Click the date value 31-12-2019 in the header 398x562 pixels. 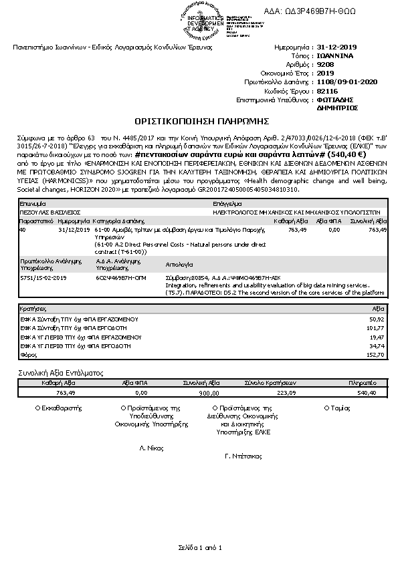pyautogui.click(x=338, y=48)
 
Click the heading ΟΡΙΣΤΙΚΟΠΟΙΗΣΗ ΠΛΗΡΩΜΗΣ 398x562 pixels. pyautogui.click(x=201, y=122)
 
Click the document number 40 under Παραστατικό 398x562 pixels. pyautogui.click(x=23, y=229)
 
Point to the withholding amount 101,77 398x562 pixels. pyautogui.click(x=377, y=329)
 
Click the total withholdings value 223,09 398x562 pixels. pyautogui.click(x=286, y=394)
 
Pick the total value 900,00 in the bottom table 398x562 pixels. pyautogui.click(x=209, y=394)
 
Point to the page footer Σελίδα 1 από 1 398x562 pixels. pyautogui.click(x=199, y=548)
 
